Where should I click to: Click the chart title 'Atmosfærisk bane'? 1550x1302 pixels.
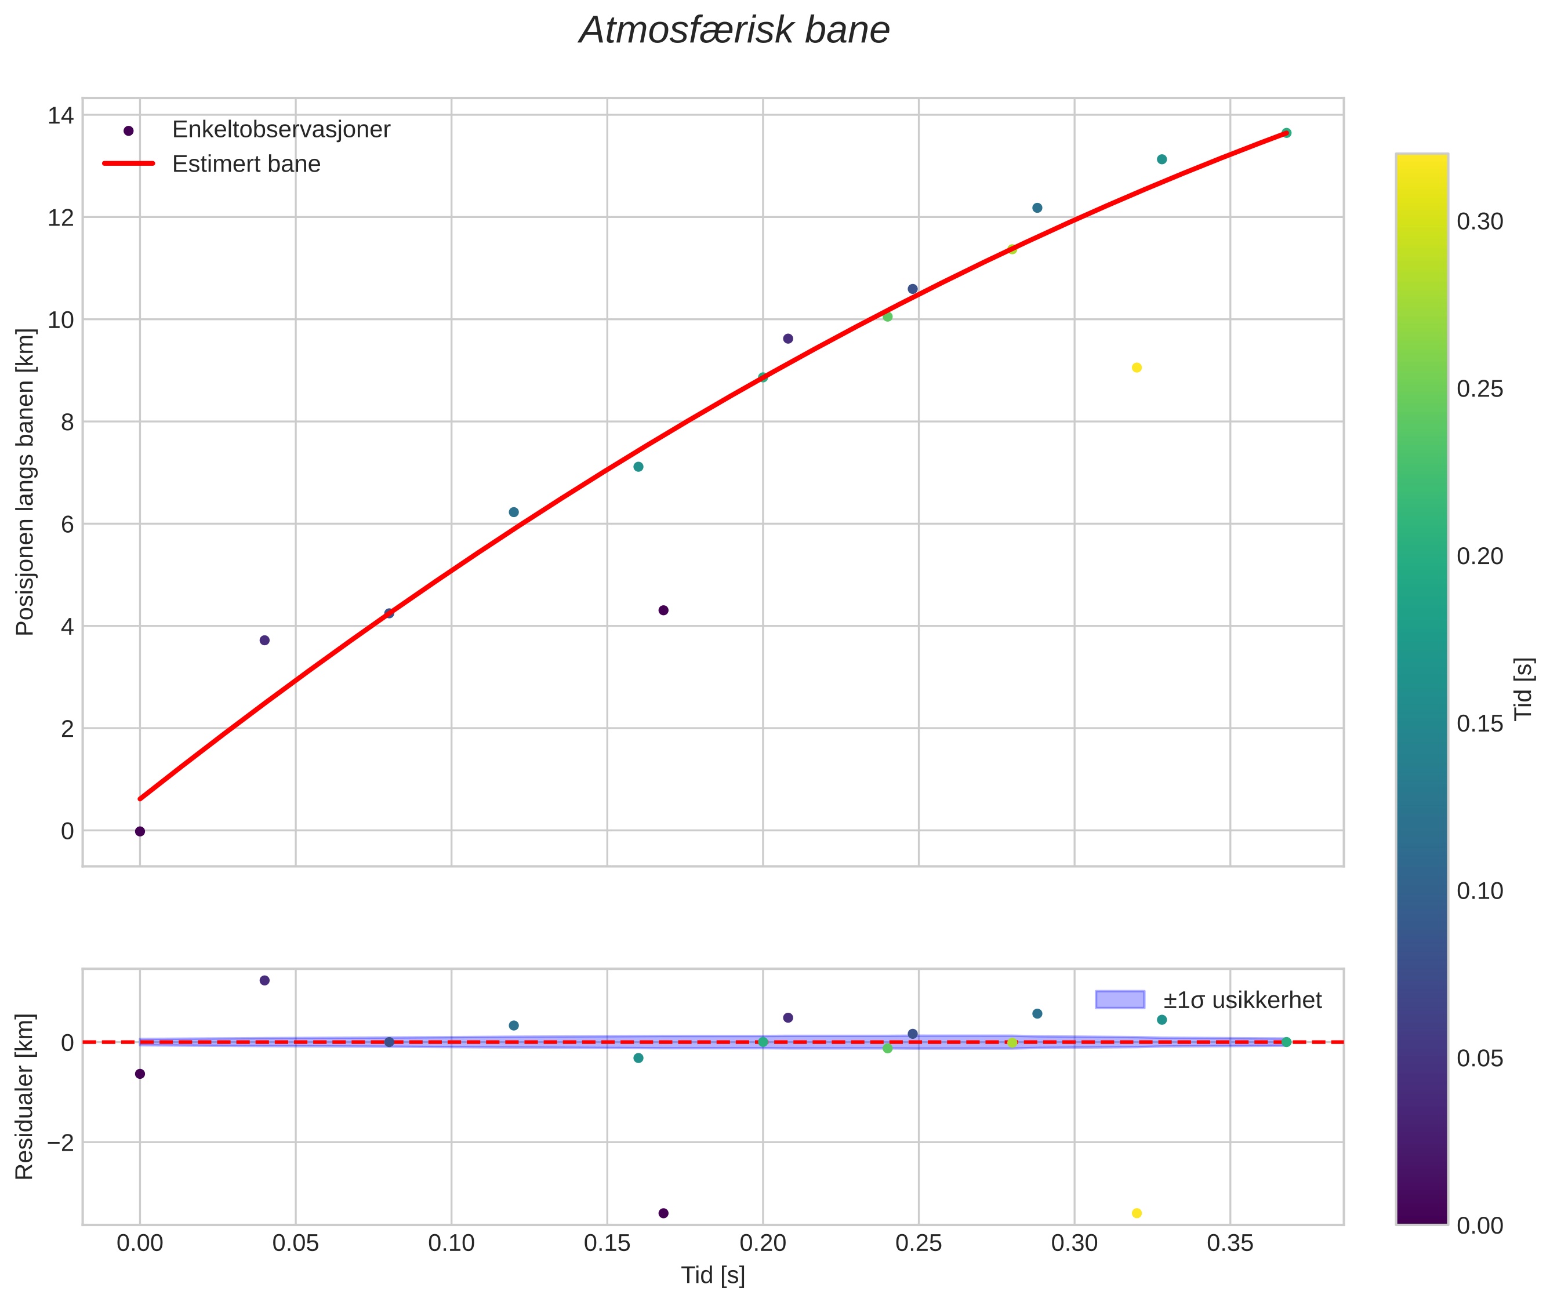point(734,31)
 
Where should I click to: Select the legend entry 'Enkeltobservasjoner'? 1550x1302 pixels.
point(281,130)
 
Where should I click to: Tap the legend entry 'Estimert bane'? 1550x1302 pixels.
point(246,164)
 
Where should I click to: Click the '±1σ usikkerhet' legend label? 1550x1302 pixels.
point(1242,1000)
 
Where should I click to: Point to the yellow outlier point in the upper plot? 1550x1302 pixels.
point(1137,368)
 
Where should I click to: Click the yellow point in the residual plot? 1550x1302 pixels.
point(1137,1213)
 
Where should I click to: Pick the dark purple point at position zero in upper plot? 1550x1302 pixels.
point(140,831)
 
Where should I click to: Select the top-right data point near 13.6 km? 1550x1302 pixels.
point(1286,133)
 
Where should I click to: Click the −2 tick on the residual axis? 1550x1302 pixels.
point(59,1143)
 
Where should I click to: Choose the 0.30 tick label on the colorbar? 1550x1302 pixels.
point(1479,222)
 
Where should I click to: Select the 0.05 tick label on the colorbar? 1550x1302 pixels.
point(1479,1059)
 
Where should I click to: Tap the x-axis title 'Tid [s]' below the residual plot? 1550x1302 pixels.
point(713,1275)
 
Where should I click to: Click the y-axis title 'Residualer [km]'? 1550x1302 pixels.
point(25,1097)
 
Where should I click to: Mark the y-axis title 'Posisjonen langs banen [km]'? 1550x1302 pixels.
point(25,481)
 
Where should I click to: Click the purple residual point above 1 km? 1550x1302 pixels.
point(264,980)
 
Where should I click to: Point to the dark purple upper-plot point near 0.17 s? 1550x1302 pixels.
point(663,610)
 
